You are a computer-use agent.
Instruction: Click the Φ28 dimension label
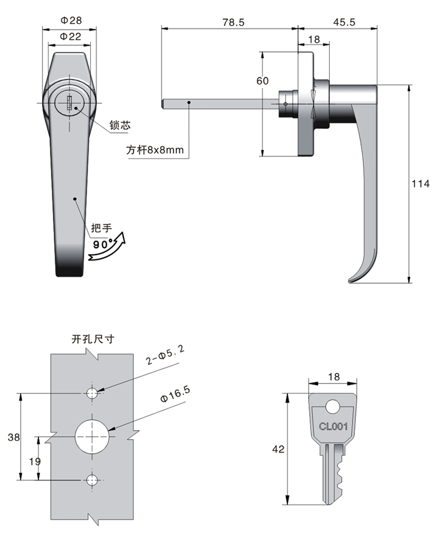[71, 21]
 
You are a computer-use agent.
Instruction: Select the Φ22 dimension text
[71, 36]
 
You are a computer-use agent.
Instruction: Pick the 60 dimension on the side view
[262, 81]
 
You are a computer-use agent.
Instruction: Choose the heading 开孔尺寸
[93, 339]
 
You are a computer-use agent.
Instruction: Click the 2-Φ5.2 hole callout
[165, 355]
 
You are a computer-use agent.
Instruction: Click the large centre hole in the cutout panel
[92, 436]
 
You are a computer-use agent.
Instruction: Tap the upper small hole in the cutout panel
[92, 393]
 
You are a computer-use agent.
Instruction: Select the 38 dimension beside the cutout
[14, 437]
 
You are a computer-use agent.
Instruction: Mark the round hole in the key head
[333, 406]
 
